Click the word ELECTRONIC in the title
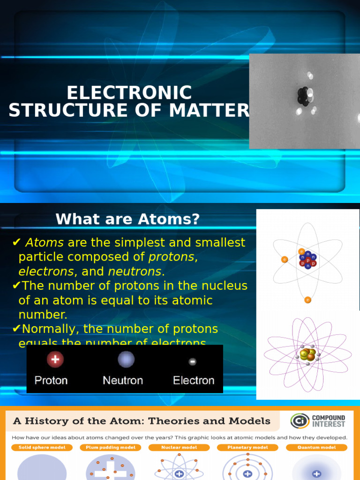pyautogui.click(x=129, y=93)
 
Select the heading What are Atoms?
pyautogui.click(x=127, y=219)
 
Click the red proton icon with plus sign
pyautogui.click(x=55, y=360)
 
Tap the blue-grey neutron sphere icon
pyautogui.click(x=126, y=360)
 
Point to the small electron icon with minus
pyautogui.click(x=192, y=361)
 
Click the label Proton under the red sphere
pyautogui.click(x=52, y=380)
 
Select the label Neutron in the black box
pyautogui.click(x=123, y=380)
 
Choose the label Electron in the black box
pyautogui.click(x=194, y=380)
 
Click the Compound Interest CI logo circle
pyautogui.click(x=300, y=420)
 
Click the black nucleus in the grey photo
pyautogui.click(x=303, y=96)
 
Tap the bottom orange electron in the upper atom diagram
pyautogui.click(x=307, y=300)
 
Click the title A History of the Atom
pyautogui.click(x=142, y=421)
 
